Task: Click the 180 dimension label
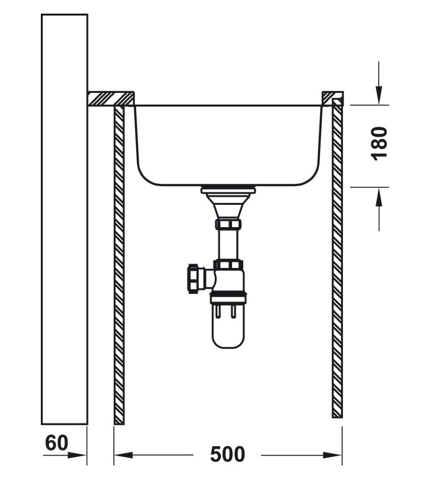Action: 379,144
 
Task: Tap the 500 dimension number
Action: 228,454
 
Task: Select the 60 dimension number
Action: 56,443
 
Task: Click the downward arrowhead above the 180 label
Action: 379,95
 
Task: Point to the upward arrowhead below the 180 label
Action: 379,197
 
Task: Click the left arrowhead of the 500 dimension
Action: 124,455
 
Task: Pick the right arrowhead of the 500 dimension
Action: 332,455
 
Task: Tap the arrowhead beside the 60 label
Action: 77,455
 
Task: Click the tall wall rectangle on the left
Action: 64,219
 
